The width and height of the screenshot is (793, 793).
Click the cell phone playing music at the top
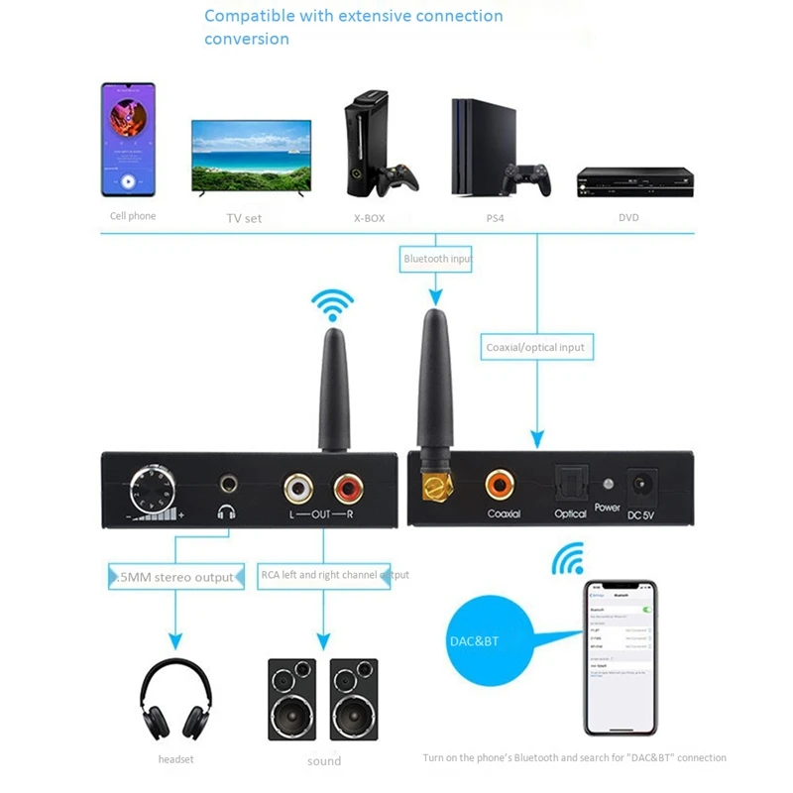click(x=128, y=140)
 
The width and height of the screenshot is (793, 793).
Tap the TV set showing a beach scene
click(x=251, y=160)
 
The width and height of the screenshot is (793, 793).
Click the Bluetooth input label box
click(x=436, y=259)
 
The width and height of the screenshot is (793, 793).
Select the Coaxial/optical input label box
click(x=536, y=347)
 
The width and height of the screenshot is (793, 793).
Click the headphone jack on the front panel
click(x=230, y=485)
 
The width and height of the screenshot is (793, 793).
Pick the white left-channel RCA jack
click(x=297, y=487)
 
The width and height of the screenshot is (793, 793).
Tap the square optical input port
click(x=570, y=484)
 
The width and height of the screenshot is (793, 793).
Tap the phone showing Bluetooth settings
click(x=621, y=657)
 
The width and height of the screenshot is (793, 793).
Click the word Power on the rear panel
click(x=607, y=508)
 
